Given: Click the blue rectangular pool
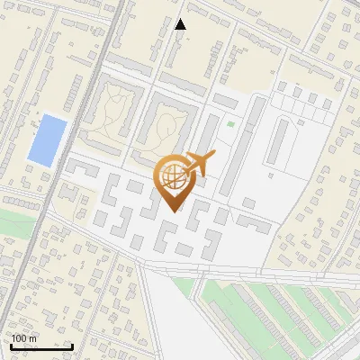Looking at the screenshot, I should (47, 139).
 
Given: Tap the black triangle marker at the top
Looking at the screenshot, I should (181, 24).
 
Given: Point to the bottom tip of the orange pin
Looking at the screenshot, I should (171, 211).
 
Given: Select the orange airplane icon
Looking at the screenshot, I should (199, 164).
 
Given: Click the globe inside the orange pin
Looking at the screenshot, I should (171, 176).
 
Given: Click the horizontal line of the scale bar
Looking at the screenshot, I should (41, 346).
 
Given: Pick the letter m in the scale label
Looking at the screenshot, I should (32, 339).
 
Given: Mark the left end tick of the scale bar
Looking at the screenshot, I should (11, 345).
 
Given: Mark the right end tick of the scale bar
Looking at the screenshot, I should (72, 345).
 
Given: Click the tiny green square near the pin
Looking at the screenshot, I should (230, 124).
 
